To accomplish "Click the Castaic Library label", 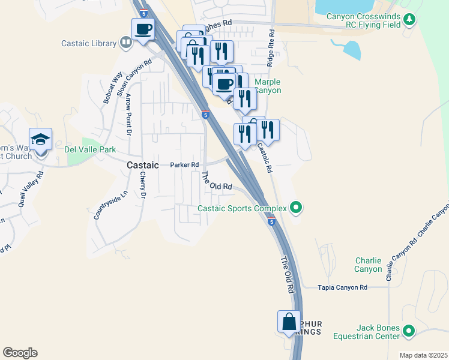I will pos(89,43).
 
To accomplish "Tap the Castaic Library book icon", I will pos(126,43).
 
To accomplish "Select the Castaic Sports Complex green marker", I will pos(295,208).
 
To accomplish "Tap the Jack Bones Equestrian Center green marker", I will pos(409,331).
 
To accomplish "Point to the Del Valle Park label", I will pos(89,150).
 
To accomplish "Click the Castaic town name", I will pos(142,164).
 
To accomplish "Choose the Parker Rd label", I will pos(184,164).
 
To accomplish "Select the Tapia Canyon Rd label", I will pos(342,288).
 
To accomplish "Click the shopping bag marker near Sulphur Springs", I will pos(289,322).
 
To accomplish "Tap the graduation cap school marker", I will pos(41,140).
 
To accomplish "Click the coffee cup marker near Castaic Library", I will pos(143,29).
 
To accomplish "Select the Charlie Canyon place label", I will pos(368,265).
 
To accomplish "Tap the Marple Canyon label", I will pos(268,86).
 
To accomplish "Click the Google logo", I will pos(20,353).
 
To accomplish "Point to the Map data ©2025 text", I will pos(423,355).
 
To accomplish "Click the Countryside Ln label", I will pos(102,205).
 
